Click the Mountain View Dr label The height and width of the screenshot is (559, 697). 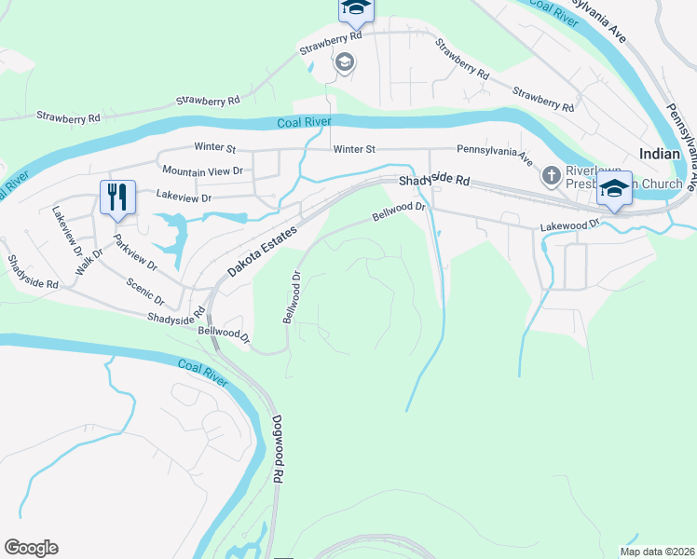pyautogui.click(x=201, y=171)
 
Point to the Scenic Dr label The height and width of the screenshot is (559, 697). pyautogui.click(x=145, y=295)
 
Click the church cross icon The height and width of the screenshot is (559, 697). pyautogui.click(x=551, y=173)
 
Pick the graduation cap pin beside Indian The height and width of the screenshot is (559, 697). pyautogui.click(x=614, y=188)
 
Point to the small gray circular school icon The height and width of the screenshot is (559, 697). pyautogui.click(x=343, y=62)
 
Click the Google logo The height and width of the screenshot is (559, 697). pyautogui.click(x=31, y=548)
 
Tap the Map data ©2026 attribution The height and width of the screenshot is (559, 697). pyautogui.click(x=656, y=552)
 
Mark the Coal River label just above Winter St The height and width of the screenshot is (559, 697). pyautogui.click(x=304, y=123)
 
